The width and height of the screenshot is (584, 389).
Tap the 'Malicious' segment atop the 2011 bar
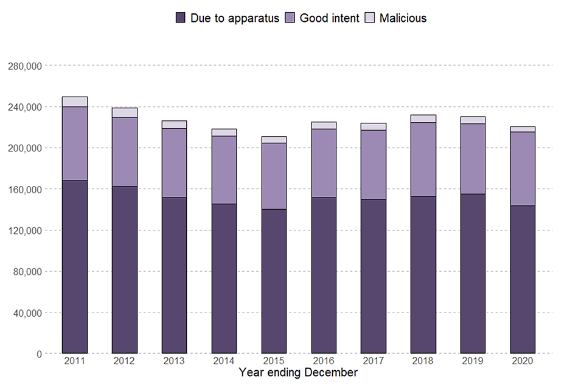pos(74,102)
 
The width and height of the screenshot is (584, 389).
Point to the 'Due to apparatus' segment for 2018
pos(423,274)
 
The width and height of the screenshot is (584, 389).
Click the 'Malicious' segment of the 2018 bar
pos(423,119)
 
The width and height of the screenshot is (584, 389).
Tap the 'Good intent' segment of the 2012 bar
pos(124,151)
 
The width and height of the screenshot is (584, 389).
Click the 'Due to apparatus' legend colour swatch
pos(180,18)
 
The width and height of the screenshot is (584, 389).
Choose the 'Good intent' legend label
pos(328,18)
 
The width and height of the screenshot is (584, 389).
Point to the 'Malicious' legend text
pos(403,18)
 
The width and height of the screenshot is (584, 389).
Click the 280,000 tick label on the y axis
pos(23,66)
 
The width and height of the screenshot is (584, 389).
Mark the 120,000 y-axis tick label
pos(23,230)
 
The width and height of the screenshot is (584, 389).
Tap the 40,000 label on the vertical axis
pos(25,312)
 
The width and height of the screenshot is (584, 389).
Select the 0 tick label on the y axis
pos(38,354)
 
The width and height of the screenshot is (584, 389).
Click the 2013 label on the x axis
pos(174,362)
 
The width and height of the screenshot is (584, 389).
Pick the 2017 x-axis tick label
pos(373,362)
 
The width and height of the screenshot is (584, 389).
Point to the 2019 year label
pos(473,362)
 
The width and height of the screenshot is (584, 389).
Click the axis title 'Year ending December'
pos(298,373)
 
